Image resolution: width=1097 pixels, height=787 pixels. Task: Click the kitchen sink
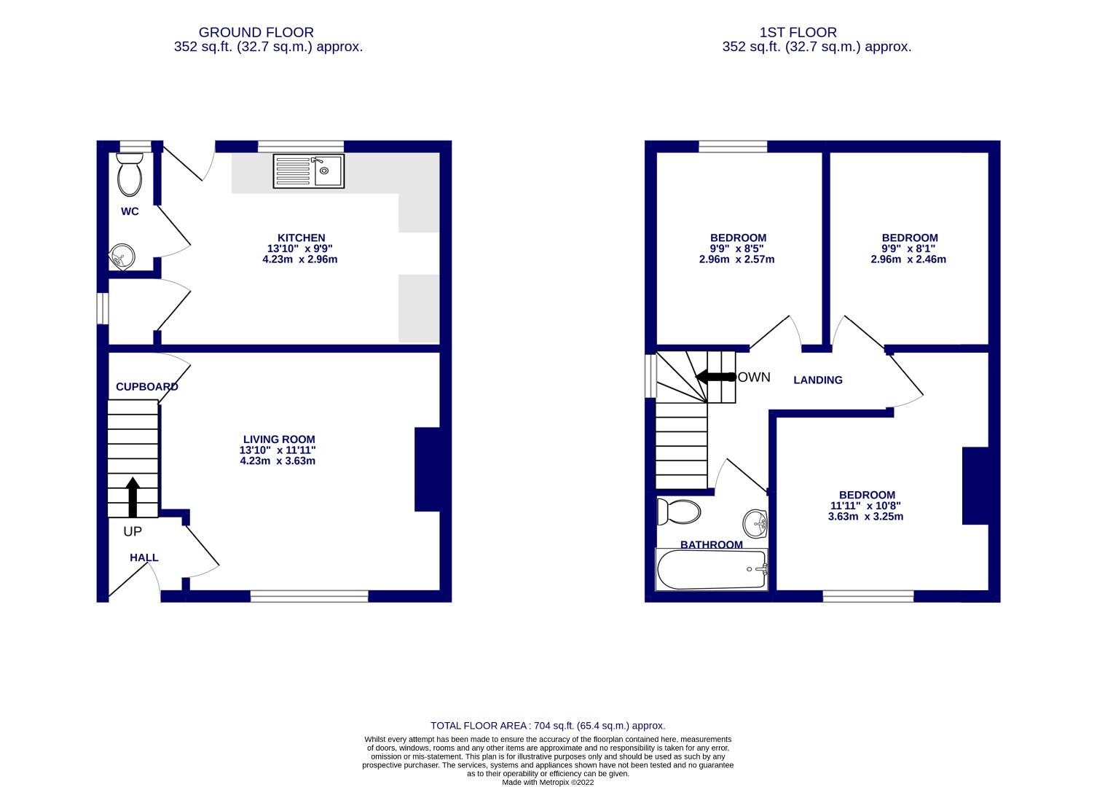[309, 171]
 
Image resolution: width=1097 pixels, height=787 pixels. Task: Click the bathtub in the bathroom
[712, 569]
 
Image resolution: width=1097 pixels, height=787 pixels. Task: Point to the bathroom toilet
[679, 511]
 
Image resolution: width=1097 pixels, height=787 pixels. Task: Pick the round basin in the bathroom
[755, 522]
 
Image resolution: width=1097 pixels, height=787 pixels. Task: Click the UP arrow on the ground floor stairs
[133, 497]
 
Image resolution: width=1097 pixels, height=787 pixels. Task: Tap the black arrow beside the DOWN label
[715, 377]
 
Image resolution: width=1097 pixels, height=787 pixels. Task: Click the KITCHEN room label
[301, 238]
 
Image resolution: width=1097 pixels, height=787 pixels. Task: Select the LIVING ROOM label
[279, 439]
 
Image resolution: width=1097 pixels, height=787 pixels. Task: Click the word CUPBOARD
[146, 387]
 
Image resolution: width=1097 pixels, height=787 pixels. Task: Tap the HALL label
[143, 557]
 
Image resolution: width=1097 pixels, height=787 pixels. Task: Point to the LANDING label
[818, 380]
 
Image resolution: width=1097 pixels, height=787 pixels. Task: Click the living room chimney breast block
[427, 469]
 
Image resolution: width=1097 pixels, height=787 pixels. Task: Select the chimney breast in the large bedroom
[975, 485]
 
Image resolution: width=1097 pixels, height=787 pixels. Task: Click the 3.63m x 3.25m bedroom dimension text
[865, 517]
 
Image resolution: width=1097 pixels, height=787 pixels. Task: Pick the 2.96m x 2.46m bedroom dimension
[908, 259]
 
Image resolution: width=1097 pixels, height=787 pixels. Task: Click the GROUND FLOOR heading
[256, 32]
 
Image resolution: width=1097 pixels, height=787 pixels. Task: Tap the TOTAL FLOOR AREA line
[548, 726]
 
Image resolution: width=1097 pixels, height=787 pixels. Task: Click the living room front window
[310, 597]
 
